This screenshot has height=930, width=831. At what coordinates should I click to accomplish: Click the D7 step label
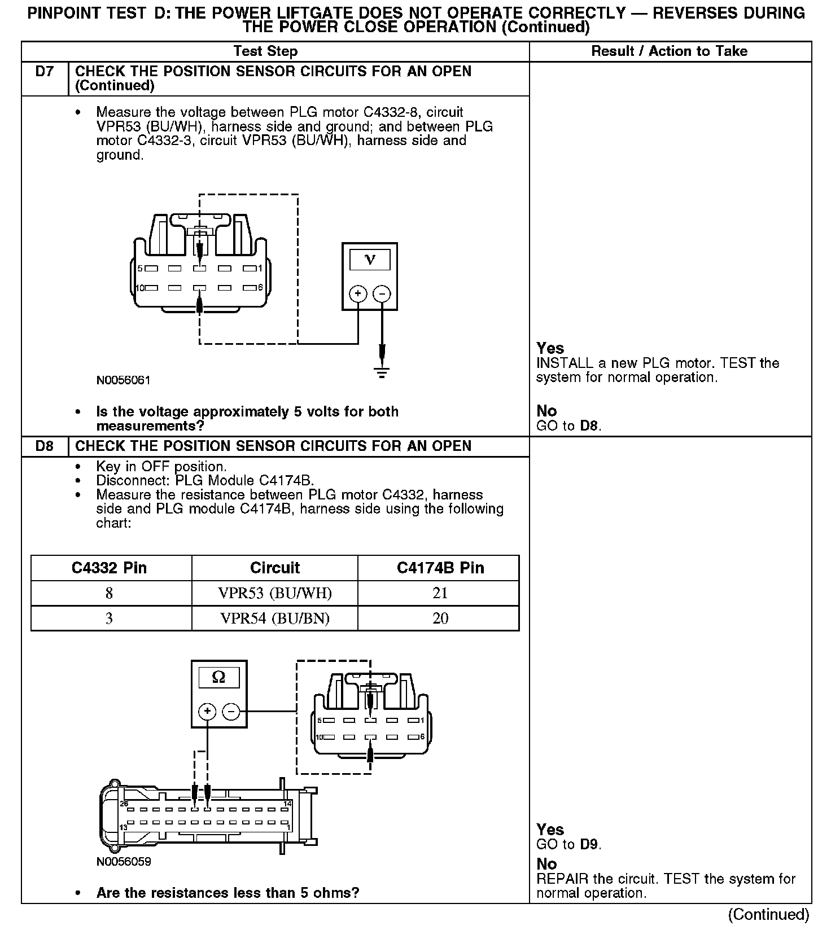[44, 72]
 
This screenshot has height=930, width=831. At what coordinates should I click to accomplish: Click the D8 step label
[44, 446]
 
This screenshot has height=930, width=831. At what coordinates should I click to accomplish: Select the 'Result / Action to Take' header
[669, 51]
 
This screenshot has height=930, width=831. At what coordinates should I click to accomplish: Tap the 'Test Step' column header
[265, 51]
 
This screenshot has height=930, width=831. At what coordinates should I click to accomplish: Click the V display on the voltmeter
[370, 260]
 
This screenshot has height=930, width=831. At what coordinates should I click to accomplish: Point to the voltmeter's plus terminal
[358, 294]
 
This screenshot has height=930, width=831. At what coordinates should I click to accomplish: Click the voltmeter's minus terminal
[382, 294]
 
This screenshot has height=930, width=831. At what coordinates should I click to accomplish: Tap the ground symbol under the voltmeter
[382, 372]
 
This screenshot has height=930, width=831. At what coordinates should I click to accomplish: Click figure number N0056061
[124, 380]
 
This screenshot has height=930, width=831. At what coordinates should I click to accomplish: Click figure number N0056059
[124, 862]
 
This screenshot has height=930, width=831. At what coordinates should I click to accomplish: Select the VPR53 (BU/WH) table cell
[275, 593]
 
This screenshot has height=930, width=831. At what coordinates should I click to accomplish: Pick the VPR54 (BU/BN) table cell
[275, 618]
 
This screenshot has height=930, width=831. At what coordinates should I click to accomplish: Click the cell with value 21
[440, 593]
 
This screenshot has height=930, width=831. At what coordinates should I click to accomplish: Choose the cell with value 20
[440, 618]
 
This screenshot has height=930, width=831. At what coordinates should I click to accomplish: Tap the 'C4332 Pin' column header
[110, 568]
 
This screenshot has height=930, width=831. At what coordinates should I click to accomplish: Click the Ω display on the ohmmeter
[218, 677]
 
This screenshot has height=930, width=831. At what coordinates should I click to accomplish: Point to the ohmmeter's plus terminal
[207, 712]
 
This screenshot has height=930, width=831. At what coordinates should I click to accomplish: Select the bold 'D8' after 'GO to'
[589, 426]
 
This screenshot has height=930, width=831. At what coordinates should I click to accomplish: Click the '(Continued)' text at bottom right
[768, 914]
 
